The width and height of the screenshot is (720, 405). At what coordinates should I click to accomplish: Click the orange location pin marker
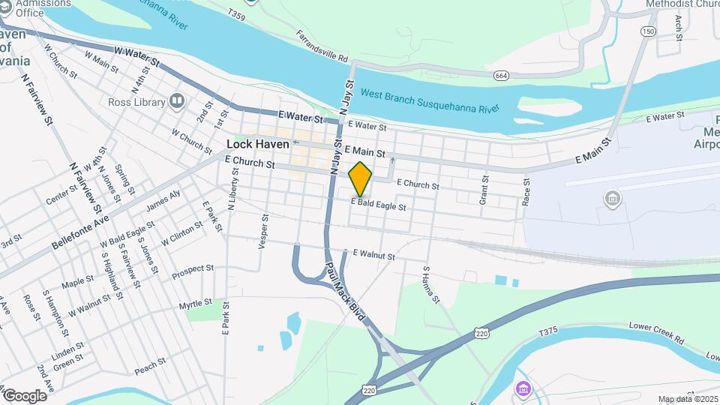[361, 179]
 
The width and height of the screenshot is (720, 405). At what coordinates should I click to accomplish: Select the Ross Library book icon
[177, 100]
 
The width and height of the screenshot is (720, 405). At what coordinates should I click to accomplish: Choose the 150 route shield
[648, 31]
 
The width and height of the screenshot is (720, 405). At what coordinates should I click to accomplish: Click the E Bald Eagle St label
[379, 205]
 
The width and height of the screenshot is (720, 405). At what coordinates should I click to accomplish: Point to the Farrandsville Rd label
[323, 46]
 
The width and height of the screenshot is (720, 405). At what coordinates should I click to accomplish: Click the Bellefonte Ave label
[81, 232]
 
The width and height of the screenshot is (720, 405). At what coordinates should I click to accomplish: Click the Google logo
[25, 395]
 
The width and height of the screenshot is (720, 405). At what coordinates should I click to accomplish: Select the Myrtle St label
[196, 304]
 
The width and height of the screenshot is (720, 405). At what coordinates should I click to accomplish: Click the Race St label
[526, 192]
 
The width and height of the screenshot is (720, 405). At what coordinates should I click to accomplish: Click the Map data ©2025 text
[687, 399]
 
